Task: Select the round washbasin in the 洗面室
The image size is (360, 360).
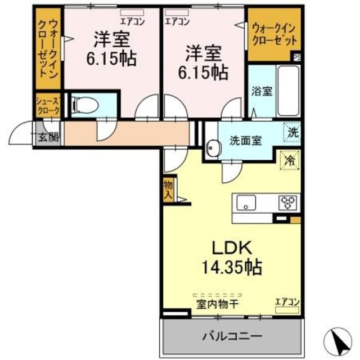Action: (213, 149)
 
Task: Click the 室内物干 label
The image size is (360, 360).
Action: (218, 304)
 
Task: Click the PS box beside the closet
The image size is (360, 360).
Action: (296, 56)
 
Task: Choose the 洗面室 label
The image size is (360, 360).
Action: (245, 141)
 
